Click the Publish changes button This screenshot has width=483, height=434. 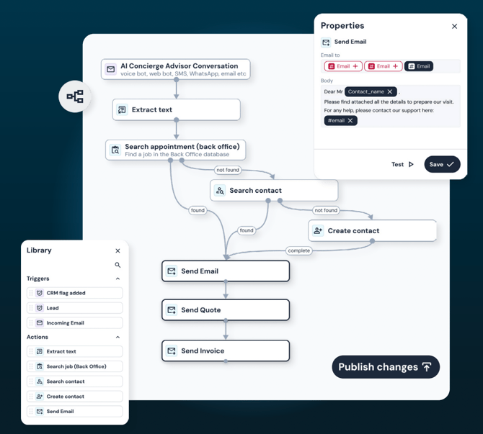tap(386, 367)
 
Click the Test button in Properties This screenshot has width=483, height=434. tap(402, 164)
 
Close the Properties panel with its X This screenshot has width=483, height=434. tap(454, 27)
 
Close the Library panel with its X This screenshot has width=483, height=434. tap(118, 250)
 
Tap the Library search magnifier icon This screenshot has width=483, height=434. tap(118, 265)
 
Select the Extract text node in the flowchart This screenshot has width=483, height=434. tap(176, 110)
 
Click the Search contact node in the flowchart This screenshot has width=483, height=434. tap(274, 191)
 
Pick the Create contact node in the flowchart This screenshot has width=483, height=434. tap(372, 231)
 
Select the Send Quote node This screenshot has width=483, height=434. tap(226, 310)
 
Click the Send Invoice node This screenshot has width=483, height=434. tap(226, 351)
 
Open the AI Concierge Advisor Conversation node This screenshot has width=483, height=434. tap(176, 69)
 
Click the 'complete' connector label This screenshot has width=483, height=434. tap(298, 250)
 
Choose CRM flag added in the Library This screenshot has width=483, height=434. tap(74, 293)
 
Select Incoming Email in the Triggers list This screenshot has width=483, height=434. tap(74, 323)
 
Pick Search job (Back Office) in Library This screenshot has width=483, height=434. tap(74, 366)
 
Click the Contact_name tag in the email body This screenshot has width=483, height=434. tap(366, 92)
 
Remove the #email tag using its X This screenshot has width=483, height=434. tap(350, 120)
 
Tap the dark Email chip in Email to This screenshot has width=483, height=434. tap(419, 66)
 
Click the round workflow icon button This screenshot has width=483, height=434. tap(75, 96)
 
